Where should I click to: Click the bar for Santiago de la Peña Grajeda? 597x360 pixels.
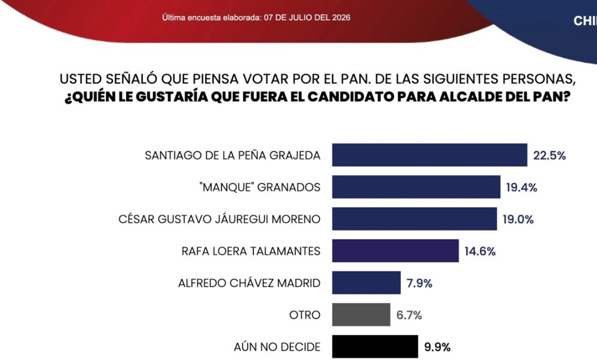point(429,155)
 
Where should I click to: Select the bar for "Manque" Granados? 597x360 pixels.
point(416,187)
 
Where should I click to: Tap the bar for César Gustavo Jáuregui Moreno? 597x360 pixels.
point(414,219)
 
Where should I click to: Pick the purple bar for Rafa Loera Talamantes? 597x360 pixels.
point(395,251)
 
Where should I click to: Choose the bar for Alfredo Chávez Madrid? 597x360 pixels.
point(366,283)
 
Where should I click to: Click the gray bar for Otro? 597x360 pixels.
point(361,315)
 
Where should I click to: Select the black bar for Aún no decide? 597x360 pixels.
point(375,347)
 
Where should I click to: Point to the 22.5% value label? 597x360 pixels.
point(550,156)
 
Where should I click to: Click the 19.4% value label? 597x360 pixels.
point(522,188)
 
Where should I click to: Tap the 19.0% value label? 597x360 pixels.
point(518,220)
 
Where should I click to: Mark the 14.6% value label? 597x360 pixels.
point(480,251)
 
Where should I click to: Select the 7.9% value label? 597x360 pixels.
point(419,283)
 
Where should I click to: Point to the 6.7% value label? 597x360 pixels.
point(409,315)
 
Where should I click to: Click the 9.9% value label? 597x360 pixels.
point(437,348)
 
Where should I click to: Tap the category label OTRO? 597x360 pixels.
point(305,315)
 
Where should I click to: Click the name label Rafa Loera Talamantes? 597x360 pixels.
point(251,251)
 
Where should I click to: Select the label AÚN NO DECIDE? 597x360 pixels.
point(277,347)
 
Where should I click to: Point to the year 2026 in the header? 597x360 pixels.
point(341,17)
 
